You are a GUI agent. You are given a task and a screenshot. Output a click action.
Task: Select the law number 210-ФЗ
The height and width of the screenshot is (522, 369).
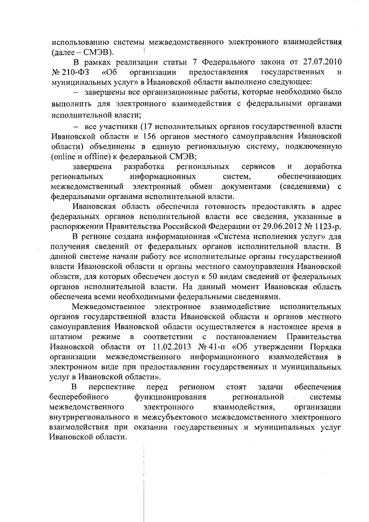[x=69, y=73]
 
